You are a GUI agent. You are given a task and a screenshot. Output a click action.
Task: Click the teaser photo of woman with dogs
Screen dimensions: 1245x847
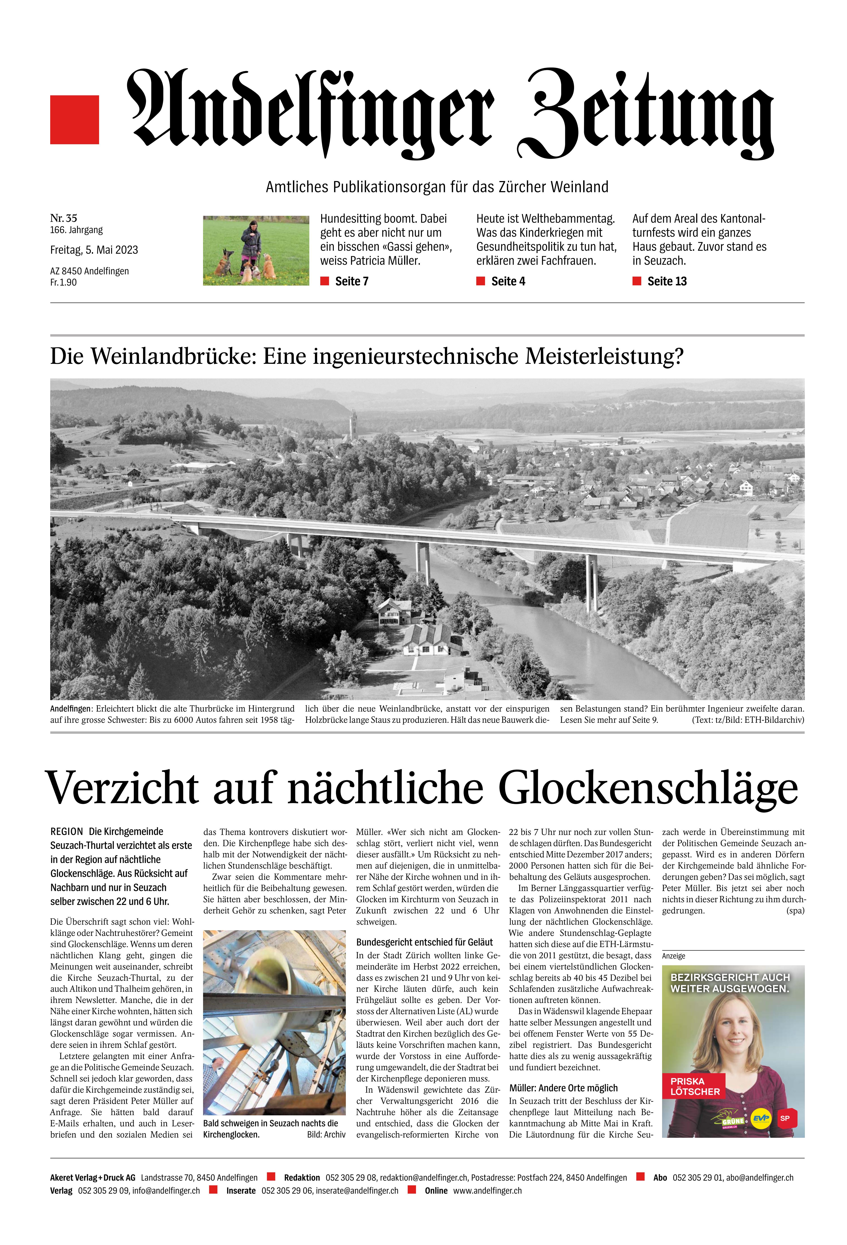pyautogui.click(x=256, y=250)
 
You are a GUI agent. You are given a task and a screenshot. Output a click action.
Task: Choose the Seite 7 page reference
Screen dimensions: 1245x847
pyautogui.click(x=351, y=281)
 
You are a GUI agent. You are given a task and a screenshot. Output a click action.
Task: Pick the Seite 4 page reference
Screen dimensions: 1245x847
pyautogui.click(x=508, y=281)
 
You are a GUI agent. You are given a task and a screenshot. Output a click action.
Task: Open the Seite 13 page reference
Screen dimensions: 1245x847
pyautogui.click(x=667, y=281)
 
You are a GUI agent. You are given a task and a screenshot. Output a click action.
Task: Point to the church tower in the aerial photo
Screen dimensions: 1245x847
pyautogui.click(x=353, y=425)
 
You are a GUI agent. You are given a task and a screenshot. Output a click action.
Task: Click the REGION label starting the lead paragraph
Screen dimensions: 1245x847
pyautogui.click(x=66, y=831)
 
